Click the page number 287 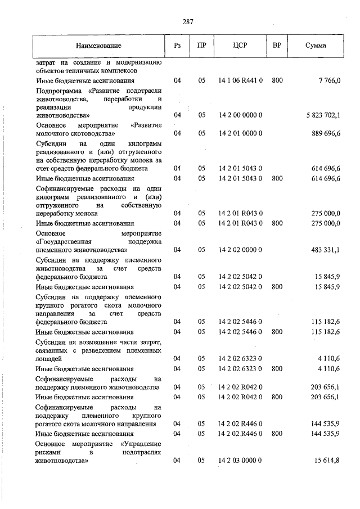coord(188,22)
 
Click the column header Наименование coord(98,44)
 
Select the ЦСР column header coord(240,44)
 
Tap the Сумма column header coord(316,44)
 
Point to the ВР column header coord(277,44)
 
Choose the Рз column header coord(177,44)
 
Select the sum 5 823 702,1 coord(323,115)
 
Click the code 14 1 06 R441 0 coord(240,81)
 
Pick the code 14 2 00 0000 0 coord(240,115)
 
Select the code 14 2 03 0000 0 coord(240,461)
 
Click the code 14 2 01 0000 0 coord(240,133)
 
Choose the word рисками coord(47,452)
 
